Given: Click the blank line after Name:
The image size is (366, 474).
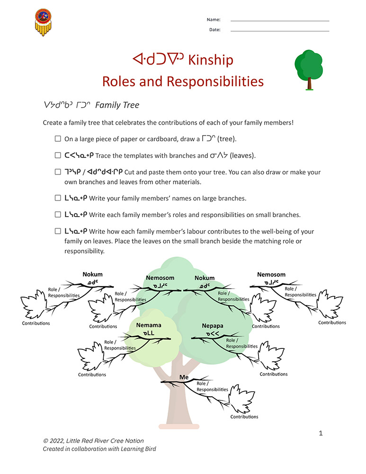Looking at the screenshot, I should pos(279,21).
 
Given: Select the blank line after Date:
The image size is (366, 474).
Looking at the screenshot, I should pos(279,31).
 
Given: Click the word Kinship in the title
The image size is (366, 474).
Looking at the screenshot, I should pos(211,60).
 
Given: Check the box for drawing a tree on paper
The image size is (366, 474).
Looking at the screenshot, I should pos(58,139).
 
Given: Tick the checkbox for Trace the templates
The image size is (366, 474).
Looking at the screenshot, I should pos(58,155).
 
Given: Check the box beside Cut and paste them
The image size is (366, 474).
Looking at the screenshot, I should pos(58,172).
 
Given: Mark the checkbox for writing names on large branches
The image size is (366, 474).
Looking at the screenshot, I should pos(58,198).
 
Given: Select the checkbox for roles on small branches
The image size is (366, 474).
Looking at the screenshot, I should pos(58,214).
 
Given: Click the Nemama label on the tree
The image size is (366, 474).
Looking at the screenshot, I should pos(149,325).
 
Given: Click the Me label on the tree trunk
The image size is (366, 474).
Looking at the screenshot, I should pos(184,377).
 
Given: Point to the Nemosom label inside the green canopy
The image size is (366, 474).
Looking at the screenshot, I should pos(160,278).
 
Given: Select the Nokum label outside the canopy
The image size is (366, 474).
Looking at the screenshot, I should pos(92,274).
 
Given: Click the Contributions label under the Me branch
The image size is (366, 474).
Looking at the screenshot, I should pos(244,417).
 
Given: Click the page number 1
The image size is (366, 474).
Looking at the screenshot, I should pos(321,433).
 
